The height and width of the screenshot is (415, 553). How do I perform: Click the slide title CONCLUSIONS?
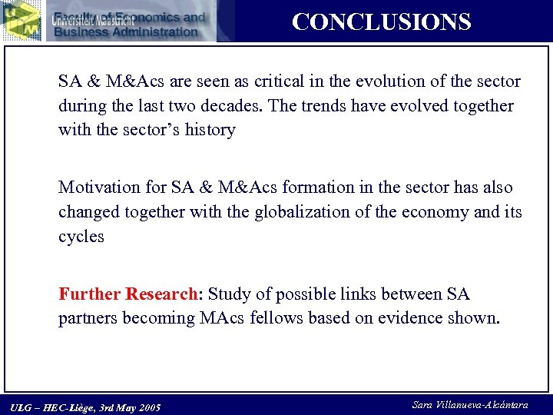(x=381, y=22)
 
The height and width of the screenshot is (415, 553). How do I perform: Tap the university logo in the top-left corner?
(x=21, y=20)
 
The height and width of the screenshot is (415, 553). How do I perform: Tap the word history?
(x=210, y=130)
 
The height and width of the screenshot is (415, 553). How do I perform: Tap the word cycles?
(x=81, y=237)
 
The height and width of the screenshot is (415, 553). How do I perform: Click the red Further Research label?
(x=128, y=294)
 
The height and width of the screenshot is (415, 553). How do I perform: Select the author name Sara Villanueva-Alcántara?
(x=469, y=404)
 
